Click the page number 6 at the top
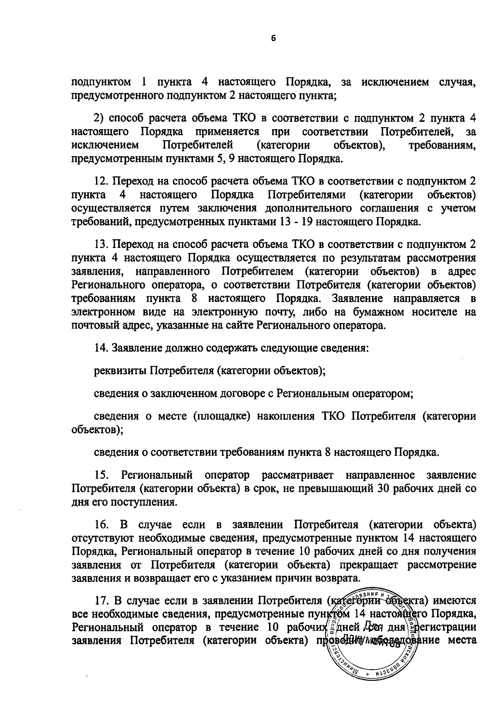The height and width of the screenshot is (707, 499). click(x=273, y=38)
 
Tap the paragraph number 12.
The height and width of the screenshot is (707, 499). click(x=101, y=182)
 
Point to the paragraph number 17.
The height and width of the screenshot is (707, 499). click(x=101, y=601)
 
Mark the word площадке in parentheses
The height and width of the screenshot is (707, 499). click(x=222, y=416)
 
